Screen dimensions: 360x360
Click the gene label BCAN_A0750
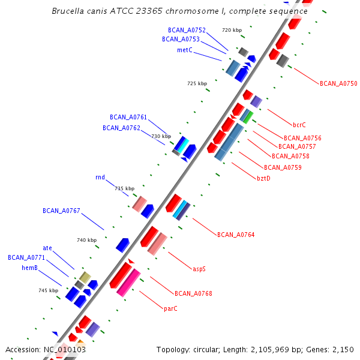(x=338, y=83)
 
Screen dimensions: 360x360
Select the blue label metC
(x=185, y=50)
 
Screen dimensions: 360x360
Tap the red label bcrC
(x=299, y=125)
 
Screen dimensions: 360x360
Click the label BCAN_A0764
(x=236, y=235)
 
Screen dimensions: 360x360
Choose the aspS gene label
(x=199, y=269)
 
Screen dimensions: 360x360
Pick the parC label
(x=170, y=308)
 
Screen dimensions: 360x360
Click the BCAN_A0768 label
(x=193, y=293)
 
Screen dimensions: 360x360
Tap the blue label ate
(x=47, y=248)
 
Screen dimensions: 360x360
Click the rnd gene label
(x=100, y=178)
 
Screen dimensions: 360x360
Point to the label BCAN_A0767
(x=61, y=211)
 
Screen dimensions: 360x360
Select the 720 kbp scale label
(x=232, y=30)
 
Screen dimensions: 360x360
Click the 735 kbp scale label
(x=125, y=188)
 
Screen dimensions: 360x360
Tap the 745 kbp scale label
(x=48, y=290)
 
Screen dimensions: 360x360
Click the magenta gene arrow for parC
(x=129, y=281)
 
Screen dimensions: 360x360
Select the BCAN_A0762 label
(x=121, y=128)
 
